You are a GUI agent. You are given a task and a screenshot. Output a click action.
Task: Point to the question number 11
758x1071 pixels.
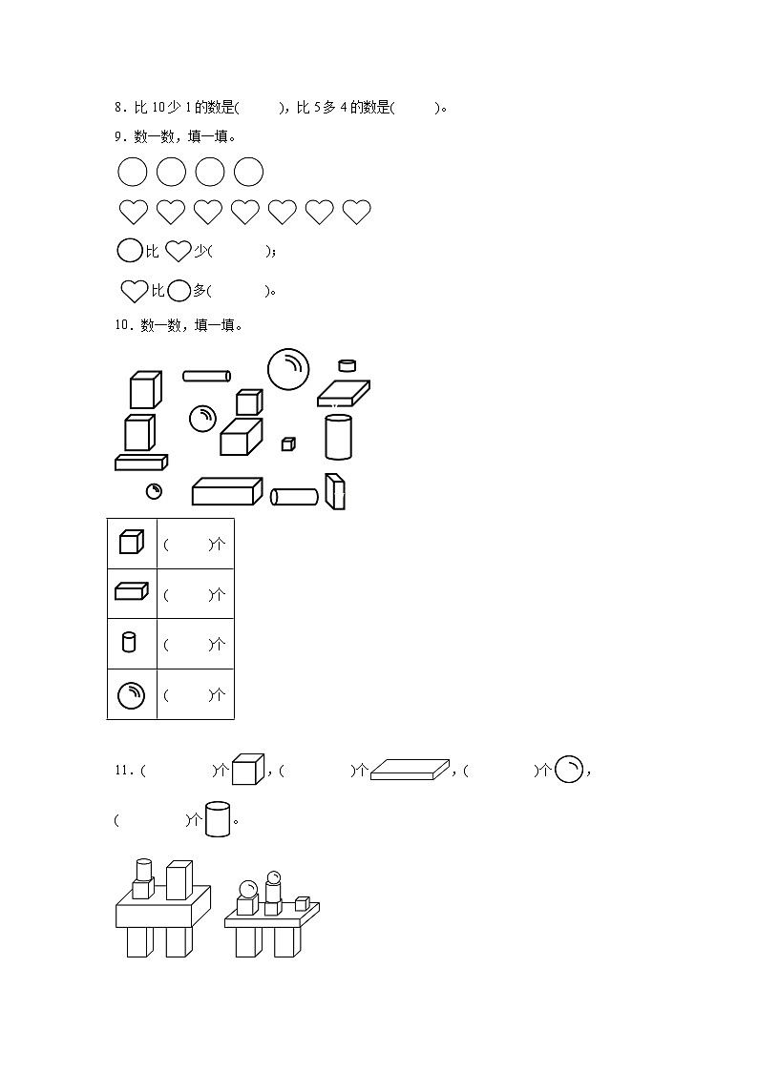click(124, 771)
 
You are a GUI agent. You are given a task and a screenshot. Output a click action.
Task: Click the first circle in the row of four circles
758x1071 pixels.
click(133, 172)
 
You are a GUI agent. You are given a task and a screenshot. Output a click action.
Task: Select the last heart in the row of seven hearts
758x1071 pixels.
click(356, 212)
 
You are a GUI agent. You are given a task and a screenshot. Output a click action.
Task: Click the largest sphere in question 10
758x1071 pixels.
click(287, 369)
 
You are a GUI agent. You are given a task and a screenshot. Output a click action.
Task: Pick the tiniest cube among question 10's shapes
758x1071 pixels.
click(288, 444)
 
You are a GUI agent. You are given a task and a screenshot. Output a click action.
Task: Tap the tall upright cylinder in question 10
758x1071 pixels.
click(338, 437)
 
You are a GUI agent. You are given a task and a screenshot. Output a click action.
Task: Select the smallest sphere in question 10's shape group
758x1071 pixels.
click(154, 491)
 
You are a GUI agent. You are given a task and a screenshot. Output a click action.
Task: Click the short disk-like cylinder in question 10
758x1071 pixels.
click(347, 365)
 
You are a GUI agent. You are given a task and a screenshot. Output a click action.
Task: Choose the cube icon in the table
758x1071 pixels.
click(131, 542)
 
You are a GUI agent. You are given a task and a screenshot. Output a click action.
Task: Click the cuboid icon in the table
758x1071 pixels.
click(131, 591)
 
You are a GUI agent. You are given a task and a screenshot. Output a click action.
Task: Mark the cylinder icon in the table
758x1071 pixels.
click(129, 642)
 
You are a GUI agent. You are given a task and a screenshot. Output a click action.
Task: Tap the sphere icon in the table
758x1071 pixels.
click(131, 695)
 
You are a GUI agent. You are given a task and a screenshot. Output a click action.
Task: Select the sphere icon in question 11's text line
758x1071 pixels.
click(569, 769)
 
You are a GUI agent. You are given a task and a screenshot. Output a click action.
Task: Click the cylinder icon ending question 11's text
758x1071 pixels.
click(218, 818)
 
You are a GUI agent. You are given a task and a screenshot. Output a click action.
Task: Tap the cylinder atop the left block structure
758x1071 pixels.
click(143, 870)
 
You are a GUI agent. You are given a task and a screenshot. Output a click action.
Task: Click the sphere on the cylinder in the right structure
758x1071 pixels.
click(273, 877)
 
